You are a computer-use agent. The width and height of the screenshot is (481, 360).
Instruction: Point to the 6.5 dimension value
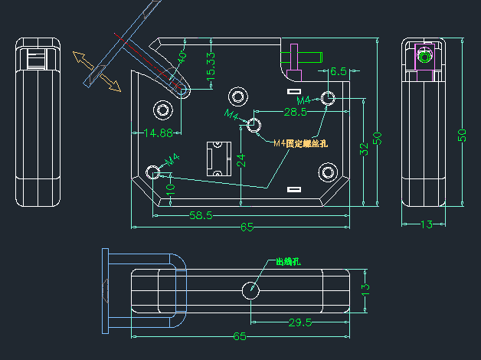click(x=338, y=70)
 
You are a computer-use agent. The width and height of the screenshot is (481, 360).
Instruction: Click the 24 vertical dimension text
click(x=241, y=160)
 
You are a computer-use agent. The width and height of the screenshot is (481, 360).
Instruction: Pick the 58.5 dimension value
click(x=200, y=215)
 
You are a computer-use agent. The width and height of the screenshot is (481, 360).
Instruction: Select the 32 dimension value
click(x=365, y=149)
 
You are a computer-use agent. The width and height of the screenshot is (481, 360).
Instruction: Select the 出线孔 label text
click(x=288, y=262)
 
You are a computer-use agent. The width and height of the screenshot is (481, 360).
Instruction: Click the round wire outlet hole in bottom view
click(x=250, y=290)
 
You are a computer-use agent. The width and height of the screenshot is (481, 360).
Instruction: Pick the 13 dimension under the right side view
click(x=423, y=224)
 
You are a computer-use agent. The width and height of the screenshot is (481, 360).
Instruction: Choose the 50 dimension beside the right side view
click(x=462, y=135)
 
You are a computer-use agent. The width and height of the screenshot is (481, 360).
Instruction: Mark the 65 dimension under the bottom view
click(x=240, y=336)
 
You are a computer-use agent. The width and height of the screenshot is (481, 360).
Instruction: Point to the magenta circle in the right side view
click(x=424, y=56)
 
